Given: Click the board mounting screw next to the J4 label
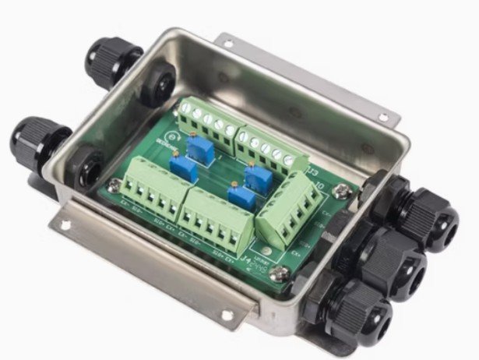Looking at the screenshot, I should [x=282, y=274].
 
